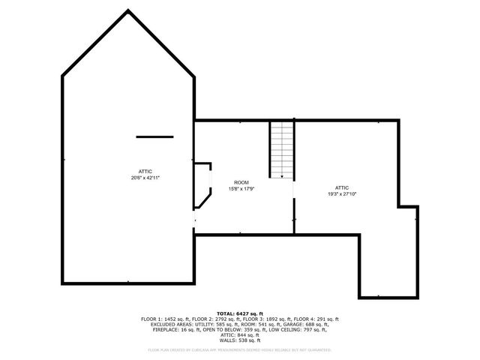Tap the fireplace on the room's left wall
coord(202,184)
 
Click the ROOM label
coord(241,183)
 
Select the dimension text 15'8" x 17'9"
coord(241,189)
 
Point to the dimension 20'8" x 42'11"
coord(145,178)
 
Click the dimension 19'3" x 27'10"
coord(341,194)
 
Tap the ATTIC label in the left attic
coord(145,172)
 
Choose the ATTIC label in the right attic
coord(341,187)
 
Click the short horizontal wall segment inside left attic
coord(154,136)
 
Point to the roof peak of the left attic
coord(128,10)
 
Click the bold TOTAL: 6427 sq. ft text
coord(240,313)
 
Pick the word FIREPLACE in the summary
coord(168,329)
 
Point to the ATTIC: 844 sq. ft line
coord(240,334)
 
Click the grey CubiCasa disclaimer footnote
coord(240,349)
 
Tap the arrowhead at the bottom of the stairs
coord(281,176)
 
